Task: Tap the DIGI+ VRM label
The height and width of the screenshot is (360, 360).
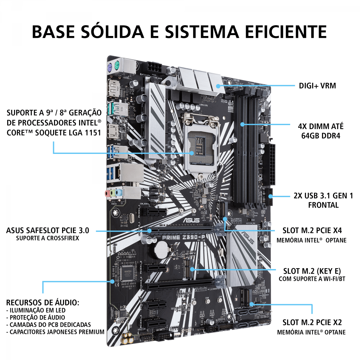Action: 317,86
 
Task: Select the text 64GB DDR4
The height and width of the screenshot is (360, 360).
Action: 321,136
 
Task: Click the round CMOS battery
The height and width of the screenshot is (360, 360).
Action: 161,248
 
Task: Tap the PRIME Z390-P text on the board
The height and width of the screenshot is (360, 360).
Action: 184,237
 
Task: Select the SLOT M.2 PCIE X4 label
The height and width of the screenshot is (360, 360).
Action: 312,230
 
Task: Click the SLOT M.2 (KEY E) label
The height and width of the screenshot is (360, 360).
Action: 312,271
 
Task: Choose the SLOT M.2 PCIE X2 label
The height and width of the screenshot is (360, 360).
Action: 312,322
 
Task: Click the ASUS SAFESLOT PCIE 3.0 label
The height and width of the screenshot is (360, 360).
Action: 48,230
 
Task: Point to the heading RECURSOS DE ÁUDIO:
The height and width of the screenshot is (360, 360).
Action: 43,302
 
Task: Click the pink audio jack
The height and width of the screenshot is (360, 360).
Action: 107,193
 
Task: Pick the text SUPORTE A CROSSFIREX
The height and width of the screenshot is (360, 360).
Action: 47,238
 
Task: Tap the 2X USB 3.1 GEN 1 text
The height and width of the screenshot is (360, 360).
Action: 323,196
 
